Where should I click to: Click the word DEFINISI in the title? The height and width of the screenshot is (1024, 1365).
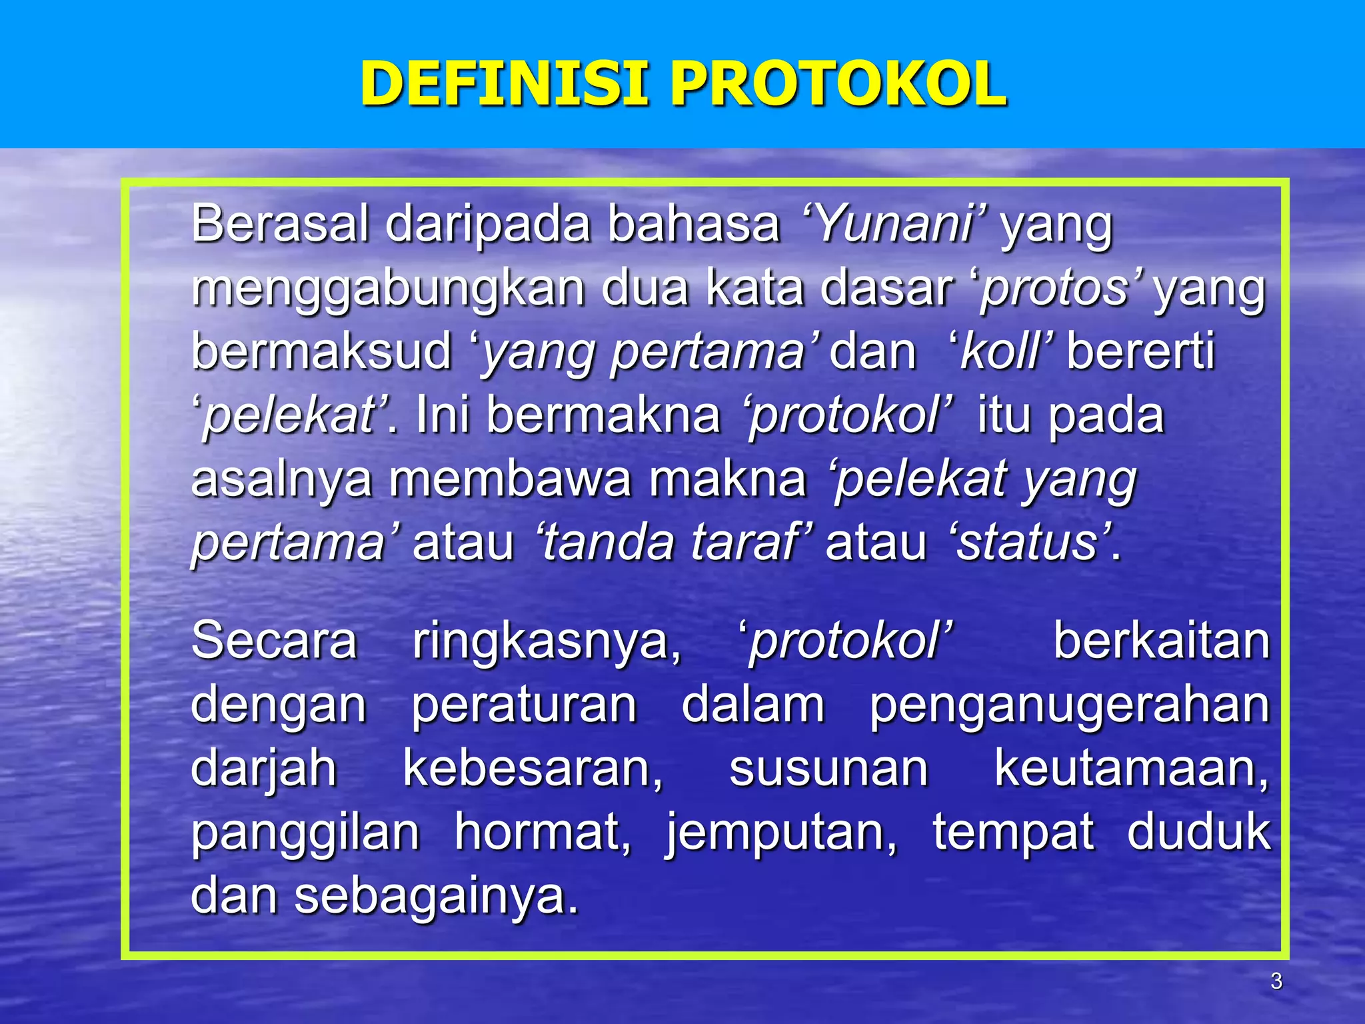click(x=504, y=84)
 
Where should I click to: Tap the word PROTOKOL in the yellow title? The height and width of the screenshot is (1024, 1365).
click(x=838, y=84)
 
